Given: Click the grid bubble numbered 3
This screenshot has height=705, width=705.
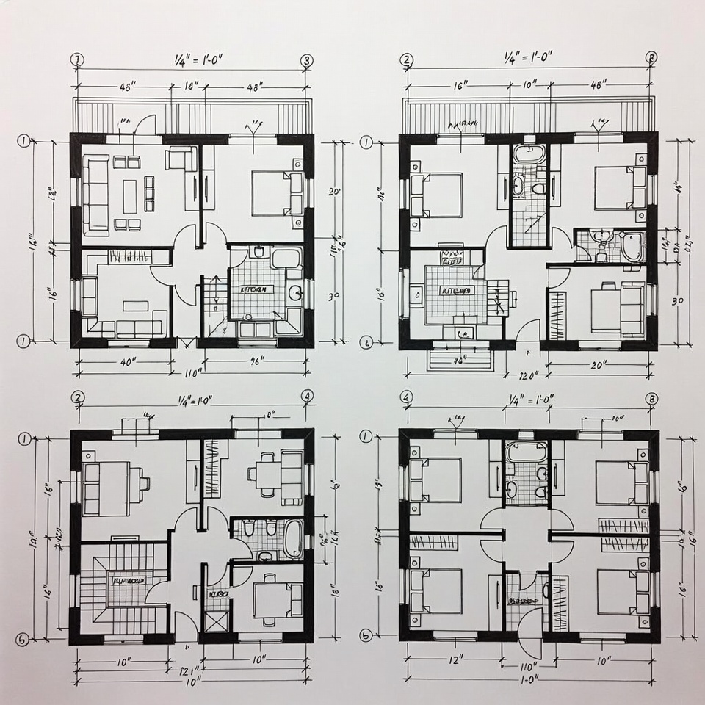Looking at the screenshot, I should click(x=307, y=60).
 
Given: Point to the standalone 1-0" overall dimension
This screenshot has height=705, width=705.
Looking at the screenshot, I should click(x=527, y=680).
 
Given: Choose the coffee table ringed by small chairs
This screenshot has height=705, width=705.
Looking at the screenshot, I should click(x=130, y=196).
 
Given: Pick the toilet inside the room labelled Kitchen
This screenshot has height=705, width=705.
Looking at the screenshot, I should click(x=257, y=253).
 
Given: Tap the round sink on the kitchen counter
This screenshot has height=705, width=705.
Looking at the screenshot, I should click(x=296, y=293).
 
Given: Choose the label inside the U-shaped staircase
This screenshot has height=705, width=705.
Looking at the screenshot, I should click(x=129, y=580).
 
